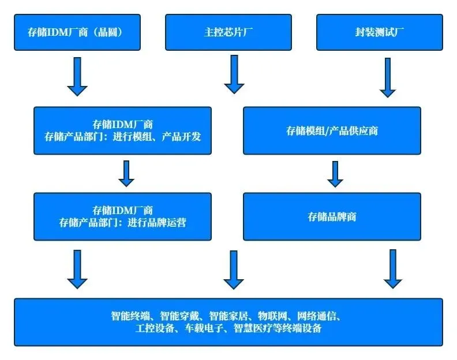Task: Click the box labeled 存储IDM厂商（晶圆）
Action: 77,32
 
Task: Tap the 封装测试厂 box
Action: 380,32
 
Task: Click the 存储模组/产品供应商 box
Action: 332,130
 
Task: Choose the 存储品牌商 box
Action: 332,217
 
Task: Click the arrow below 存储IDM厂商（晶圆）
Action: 77,77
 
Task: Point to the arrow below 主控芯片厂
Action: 234,74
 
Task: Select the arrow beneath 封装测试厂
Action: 388,77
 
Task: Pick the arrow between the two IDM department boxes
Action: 126,174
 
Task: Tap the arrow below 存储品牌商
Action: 393,269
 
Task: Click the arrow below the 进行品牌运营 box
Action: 77,269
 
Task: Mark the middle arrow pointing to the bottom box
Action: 234,269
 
